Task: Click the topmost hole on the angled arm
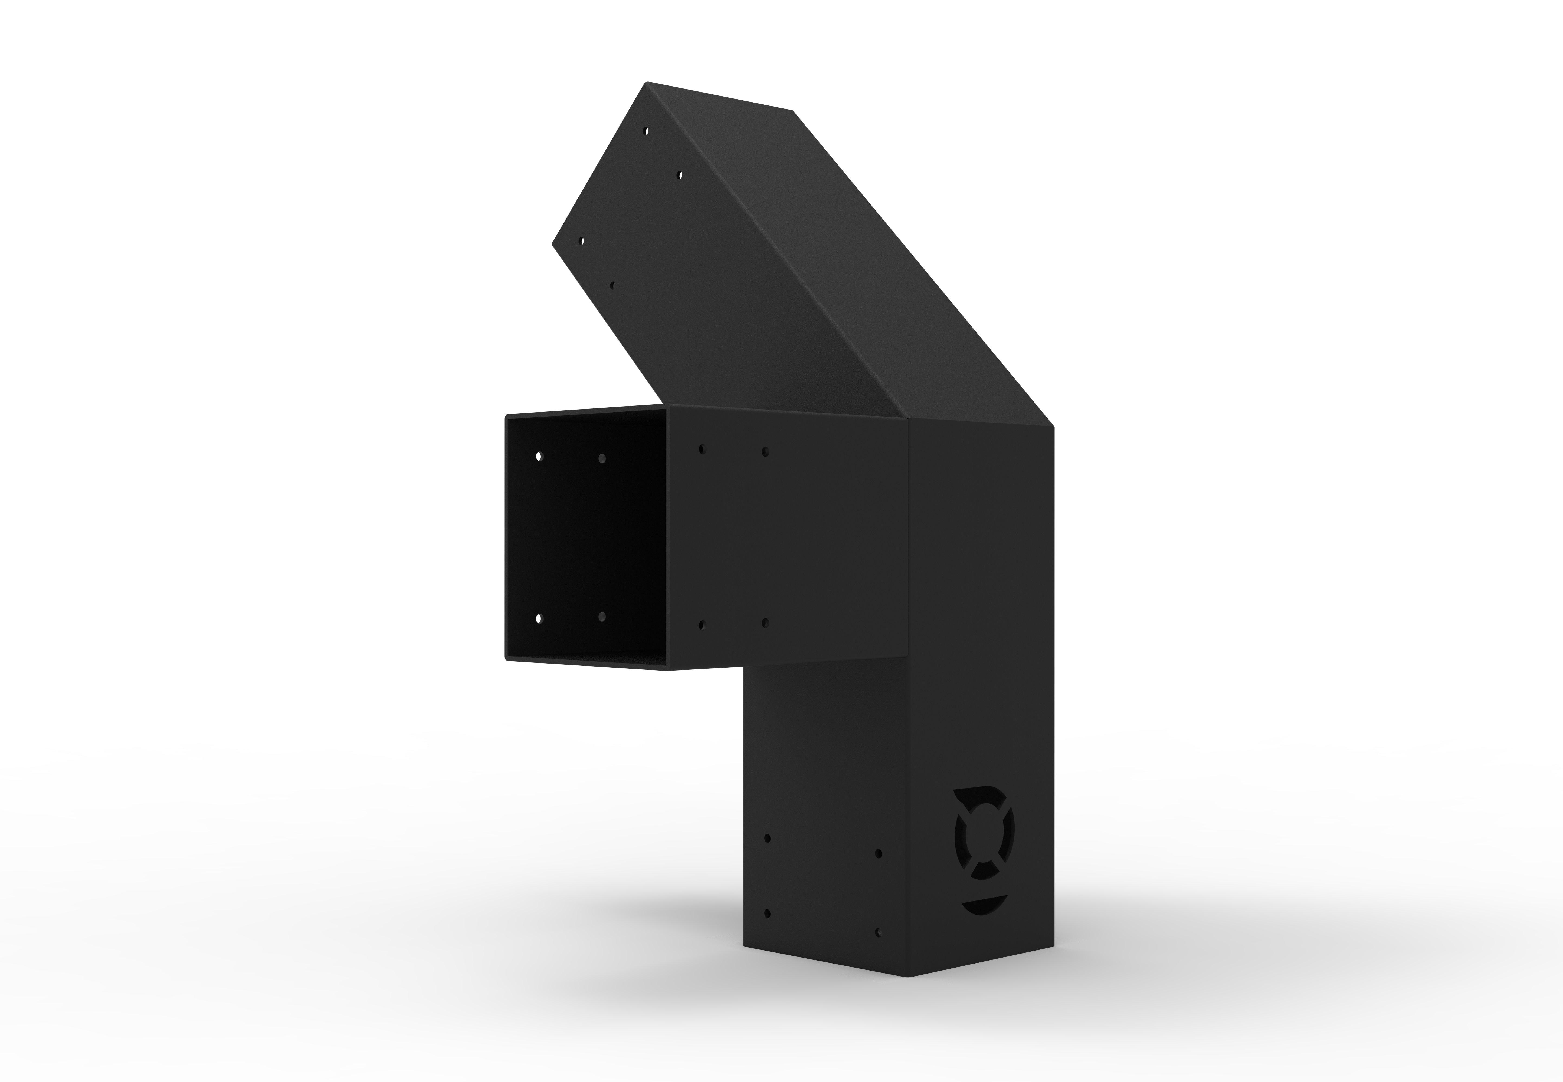(647, 130)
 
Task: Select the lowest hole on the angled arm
(612, 285)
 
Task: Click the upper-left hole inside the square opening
(539, 456)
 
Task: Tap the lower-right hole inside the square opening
(602, 616)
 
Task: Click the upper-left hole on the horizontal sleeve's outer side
(702, 449)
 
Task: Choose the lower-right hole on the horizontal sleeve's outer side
(765, 622)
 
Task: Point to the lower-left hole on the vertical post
(767, 913)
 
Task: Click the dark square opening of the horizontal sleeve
(587, 536)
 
